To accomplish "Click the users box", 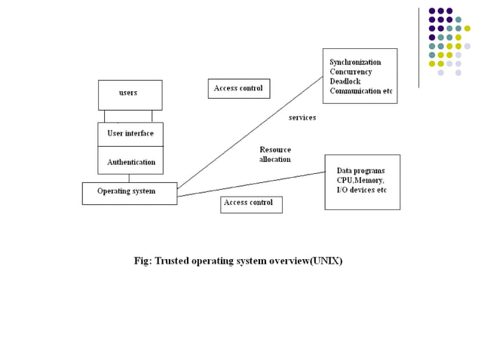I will pyautogui.click(x=130, y=94).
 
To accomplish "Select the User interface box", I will pyautogui.click(x=130, y=133).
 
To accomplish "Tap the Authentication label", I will pyautogui.click(x=131, y=162).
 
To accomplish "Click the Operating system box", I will pyautogui.click(x=129, y=193).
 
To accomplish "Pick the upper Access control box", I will pyautogui.click(x=238, y=88).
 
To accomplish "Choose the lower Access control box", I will pyautogui.click(x=251, y=203).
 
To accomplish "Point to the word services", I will pyautogui.click(x=302, y=117).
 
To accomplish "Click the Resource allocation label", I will pyautogui.click(x=275, y=154).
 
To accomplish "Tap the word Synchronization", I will pyautogui.click(x=355, y=62).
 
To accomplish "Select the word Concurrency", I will pyautogui.click(x=351, y=72).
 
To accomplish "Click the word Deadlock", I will pyautogui.click(x=345, y=81).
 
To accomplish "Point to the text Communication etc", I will pyautogui.click(x=361, y=91).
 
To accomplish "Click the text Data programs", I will pyautogui.click(x=360, y=171).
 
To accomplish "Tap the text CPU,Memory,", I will pyautogui.click(x=360, y=181).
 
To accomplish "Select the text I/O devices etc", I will pyautogui.click(x=362, y=191).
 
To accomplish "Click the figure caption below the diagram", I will pyautogui.click(x=238, y=261).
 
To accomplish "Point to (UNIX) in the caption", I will pyautogui.click(x=326, y=261).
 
